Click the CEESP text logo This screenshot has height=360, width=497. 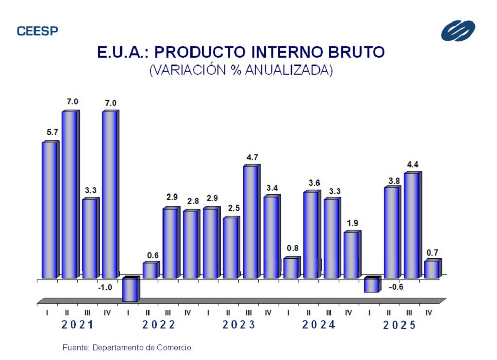[37, 31]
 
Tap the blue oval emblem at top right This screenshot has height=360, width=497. [458, 31]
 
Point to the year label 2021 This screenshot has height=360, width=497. [77, 325]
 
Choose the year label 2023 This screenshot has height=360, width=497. [239, 325]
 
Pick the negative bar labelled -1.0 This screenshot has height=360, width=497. [130, 289]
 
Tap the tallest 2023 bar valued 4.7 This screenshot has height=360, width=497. [250, 222]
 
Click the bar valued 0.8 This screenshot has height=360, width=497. [291, 268]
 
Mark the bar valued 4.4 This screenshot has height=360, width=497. [411, 225]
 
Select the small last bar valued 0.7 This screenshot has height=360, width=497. [431, 269]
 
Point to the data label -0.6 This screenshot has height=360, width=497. [396, 287]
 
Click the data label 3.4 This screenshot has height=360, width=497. [272, 188]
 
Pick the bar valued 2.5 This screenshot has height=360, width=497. [231, 247]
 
